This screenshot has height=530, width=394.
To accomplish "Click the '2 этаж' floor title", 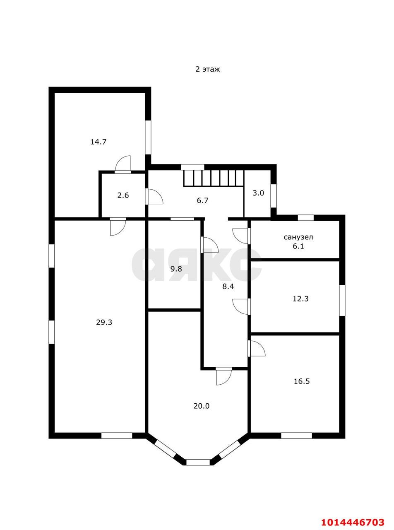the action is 207,69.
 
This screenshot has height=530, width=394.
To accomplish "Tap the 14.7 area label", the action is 98,142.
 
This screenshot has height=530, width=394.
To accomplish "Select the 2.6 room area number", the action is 123,195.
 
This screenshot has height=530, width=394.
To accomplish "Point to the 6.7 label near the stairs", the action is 203,200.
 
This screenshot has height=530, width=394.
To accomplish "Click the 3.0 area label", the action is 258,193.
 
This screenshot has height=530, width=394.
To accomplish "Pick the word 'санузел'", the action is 298,237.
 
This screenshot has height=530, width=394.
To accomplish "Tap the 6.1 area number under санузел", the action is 298,246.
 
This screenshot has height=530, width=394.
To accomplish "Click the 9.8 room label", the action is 176,269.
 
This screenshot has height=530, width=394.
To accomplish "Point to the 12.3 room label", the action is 300,299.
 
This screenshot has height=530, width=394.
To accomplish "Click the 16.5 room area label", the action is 302,381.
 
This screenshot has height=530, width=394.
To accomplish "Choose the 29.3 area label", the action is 104,323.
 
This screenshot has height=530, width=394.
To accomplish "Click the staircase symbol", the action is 214,178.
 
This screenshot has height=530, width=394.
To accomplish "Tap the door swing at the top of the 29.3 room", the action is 118,227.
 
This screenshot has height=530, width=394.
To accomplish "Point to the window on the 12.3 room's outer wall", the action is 342,300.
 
